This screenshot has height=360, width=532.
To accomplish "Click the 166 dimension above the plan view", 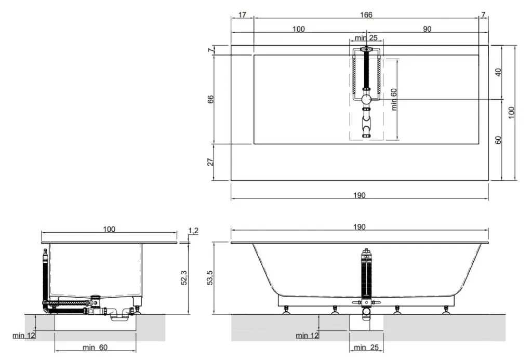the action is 366,15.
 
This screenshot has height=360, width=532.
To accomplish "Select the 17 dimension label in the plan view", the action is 242,15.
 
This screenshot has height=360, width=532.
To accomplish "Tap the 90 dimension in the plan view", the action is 427,29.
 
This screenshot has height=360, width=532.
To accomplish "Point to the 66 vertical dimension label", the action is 211,99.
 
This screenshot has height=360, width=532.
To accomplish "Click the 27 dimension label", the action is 211,162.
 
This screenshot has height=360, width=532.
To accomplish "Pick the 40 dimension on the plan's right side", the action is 498,72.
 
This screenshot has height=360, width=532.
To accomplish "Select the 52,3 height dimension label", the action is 184,277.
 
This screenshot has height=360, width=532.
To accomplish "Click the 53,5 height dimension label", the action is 210,277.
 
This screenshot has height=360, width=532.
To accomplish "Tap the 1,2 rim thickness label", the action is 193,231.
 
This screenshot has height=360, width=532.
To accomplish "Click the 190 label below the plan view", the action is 360,195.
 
